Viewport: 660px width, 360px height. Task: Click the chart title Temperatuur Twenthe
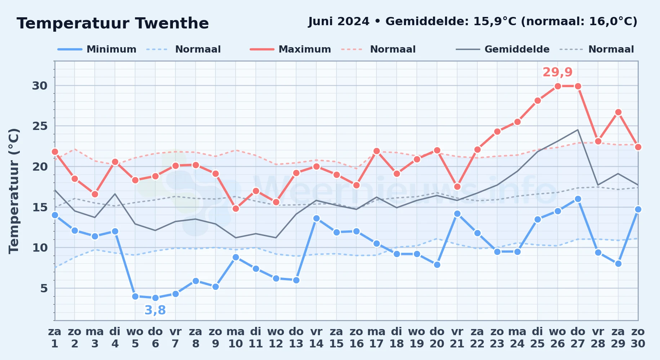pos(113,23)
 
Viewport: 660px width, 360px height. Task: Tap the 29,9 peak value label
pos(558,72)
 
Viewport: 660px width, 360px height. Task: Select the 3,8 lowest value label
pos(155,310)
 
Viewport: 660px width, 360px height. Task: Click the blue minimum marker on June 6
pos(155,298)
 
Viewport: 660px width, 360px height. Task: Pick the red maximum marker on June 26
pos(558,86)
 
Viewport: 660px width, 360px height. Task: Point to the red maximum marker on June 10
pos(236,208)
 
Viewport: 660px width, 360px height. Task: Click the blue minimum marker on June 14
pos(316,218)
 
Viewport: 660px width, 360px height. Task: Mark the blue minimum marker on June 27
pos(578,199)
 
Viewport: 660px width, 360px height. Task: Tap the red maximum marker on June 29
pos(618,112)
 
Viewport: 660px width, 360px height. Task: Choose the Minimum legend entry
pos(97,49)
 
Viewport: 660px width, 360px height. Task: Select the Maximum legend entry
pos(290,49)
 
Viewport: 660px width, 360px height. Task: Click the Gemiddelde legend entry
pos(503,49)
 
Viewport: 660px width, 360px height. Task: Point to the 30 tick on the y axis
pos(40,86)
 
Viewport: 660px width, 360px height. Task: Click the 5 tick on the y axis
pos(44,288)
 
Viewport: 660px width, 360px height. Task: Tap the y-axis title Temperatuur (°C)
pos(14,191)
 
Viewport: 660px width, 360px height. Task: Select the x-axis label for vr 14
pos(316,338)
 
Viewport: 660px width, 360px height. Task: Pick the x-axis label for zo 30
pos(638,338)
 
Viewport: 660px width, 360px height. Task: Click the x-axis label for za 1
pos(55,338)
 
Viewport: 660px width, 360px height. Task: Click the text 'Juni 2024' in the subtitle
pos(339,22)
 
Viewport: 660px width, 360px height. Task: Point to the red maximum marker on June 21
pos(457,186)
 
